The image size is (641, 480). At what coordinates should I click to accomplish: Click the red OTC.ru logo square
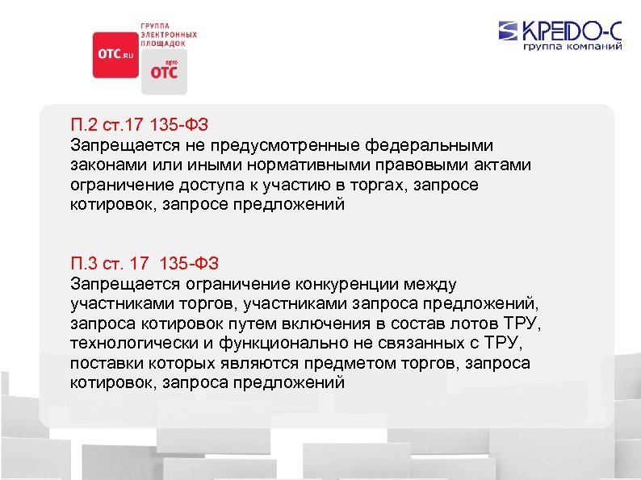[x=116, y=55]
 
